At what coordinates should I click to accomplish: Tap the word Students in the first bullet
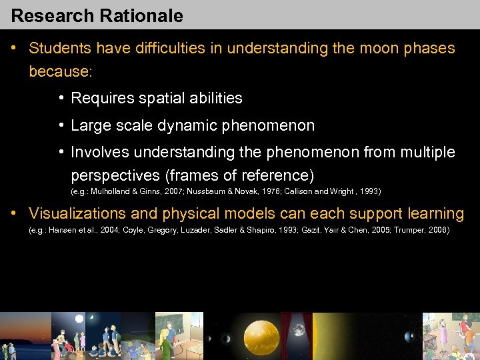pos(60,49)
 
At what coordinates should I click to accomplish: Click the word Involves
pos(98,152)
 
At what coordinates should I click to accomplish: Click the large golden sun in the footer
pos(261,337)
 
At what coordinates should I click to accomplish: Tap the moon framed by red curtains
pos(298,330)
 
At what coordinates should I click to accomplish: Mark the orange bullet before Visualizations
pos(14,214)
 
